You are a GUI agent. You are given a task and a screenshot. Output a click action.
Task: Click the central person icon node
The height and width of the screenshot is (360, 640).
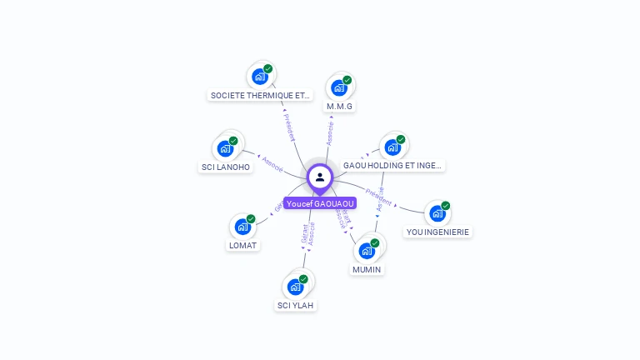(x=320, y=177)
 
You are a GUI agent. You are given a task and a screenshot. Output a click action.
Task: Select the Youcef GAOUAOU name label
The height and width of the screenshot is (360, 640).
(x=320, y=203)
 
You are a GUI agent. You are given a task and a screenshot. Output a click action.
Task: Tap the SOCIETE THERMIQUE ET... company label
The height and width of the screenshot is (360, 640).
(x=260, y=95)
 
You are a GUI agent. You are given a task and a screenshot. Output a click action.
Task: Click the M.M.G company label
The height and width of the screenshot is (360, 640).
(x=340, y=107)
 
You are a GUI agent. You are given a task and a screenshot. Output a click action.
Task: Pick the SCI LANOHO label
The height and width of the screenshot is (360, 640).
(x=226, y=167)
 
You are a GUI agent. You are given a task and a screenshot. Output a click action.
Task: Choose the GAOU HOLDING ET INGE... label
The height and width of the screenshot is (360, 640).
(x=393, y=166)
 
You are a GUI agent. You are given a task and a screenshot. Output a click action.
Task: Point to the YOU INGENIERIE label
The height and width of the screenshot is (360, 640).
(x=437, y=232)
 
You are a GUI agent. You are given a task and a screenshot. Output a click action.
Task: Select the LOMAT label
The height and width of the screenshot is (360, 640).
(x=242, y=245)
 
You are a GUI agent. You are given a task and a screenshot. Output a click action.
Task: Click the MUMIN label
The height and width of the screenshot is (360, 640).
(x=367, y=270)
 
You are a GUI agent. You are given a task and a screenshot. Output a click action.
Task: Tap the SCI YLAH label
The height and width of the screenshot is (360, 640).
(x=296, y=305)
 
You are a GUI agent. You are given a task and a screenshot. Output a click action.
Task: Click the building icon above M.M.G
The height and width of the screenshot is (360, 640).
(x=338, y=87)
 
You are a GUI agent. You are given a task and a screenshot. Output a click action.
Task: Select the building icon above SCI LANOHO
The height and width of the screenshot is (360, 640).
(x=224, y=148)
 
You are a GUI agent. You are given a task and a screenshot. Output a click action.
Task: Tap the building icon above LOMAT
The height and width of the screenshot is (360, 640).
(x=242, y=226)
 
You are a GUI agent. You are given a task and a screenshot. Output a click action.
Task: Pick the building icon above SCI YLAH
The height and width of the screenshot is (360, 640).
(x=294, y=286)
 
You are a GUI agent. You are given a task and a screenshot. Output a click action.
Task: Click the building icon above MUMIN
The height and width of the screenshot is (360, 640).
(x=366, y=250)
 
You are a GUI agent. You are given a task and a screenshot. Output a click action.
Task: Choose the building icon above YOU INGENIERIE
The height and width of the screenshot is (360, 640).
(x=437, y=213)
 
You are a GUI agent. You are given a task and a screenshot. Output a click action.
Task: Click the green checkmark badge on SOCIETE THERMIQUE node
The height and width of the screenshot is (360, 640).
(x=267, y=68)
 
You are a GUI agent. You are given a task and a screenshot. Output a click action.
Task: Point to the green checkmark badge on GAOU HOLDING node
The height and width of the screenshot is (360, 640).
(x=401, y=139)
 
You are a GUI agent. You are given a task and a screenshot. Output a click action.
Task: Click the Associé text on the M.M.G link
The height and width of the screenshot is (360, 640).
(x=330, y=133)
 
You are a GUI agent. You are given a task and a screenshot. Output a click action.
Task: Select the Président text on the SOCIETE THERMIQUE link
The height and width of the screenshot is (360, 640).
(x=289, y=126)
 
